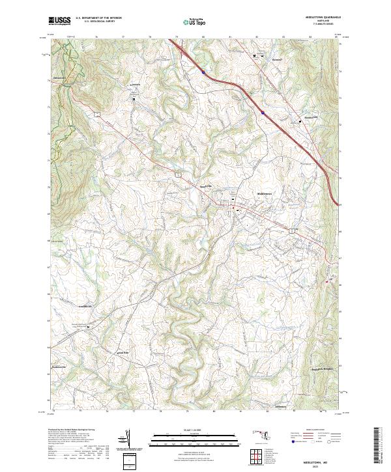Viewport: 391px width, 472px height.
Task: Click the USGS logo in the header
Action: click(59, 21)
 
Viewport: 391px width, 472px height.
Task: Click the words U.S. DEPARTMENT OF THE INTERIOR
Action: click(98, 19)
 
